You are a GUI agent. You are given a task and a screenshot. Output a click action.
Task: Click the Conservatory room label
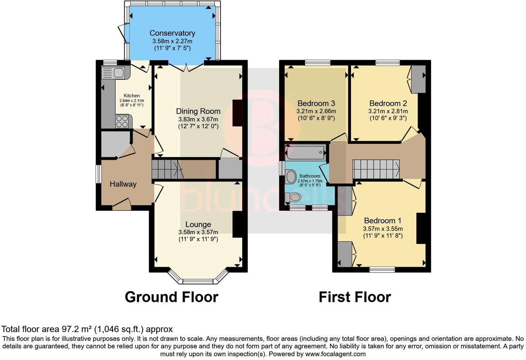(172, 33)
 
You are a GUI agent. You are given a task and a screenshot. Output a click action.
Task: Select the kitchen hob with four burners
(122, 121)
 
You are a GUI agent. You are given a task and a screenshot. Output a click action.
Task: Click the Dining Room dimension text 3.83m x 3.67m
(198, 119)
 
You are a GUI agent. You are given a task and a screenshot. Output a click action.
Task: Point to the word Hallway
(123, 184)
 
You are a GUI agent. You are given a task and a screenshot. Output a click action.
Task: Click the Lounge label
(198, 224)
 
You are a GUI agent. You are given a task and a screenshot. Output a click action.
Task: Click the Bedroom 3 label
(316, 103)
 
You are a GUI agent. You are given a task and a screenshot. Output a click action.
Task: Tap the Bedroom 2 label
(388, 103)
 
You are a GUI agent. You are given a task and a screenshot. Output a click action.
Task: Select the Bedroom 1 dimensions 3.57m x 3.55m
(383, 229)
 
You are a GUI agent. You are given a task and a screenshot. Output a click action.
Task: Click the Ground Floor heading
(171, 297)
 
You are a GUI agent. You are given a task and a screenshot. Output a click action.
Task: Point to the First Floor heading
(355, 297)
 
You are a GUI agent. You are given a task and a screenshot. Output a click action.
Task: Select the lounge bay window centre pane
(198, 281)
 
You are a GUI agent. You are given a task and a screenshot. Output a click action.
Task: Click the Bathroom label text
(310, 176)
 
